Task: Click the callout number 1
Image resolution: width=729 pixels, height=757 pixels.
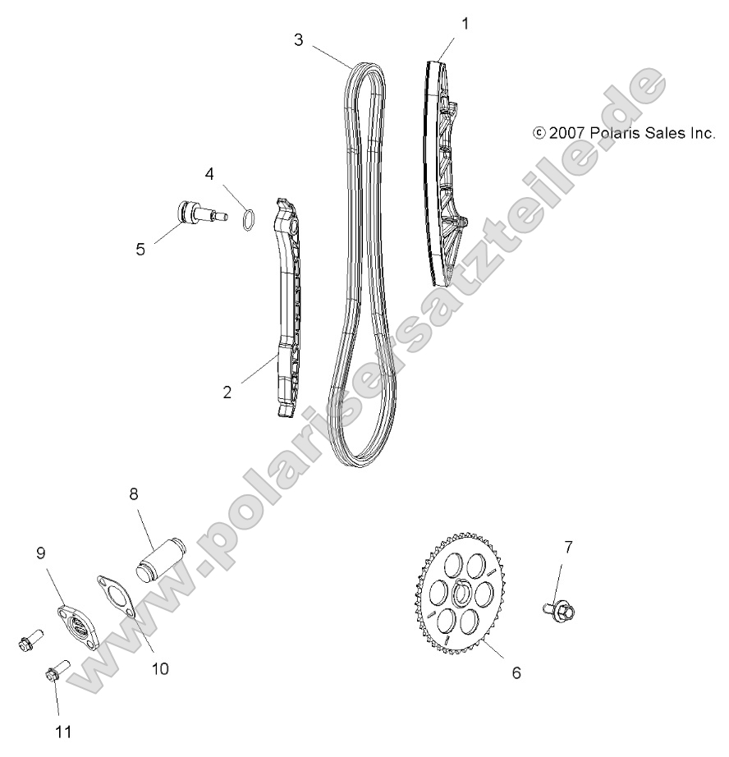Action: (x=465, y=24)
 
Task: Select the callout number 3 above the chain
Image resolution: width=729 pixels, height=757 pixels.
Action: (x=299, y=38)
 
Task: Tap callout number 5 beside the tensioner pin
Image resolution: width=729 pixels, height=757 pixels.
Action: (x=140, y=249)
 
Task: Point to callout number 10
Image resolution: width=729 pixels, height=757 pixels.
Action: (x=160, y=668)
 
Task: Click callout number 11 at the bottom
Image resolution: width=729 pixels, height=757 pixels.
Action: (x=63, y=731)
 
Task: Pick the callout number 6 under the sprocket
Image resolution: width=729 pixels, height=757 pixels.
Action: (x=516, y=672)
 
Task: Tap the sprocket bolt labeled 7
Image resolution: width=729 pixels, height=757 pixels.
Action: (x=563, y=610)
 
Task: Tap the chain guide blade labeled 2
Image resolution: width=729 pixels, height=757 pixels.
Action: (x=286, y=312)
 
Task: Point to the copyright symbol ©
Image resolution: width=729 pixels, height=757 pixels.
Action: (x=539, y=131)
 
